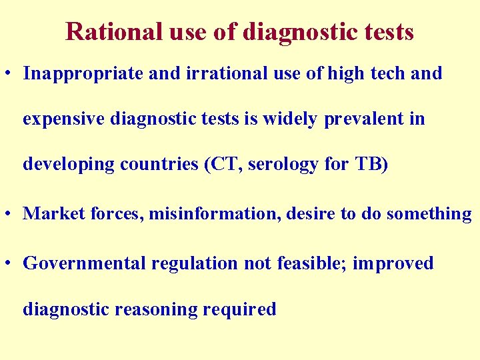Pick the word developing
(69, 165)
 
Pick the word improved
(393, 263)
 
